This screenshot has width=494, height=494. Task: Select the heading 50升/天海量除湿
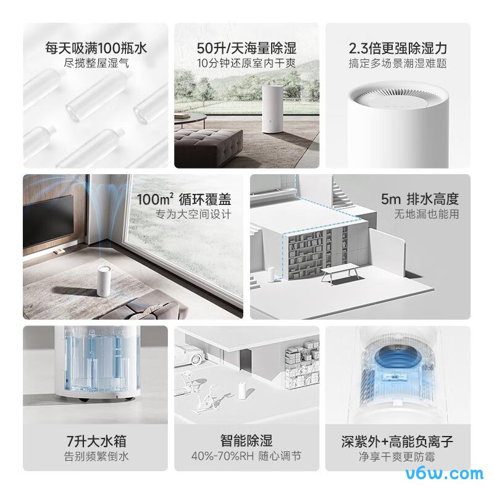[x=246, y=48]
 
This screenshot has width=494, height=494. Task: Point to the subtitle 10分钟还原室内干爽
[x=246, y=63]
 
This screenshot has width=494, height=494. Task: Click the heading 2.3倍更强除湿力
[x=398, y=48]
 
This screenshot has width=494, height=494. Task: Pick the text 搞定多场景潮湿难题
[x=398, y=63]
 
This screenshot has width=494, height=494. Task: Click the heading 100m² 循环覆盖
[x=185, y=199]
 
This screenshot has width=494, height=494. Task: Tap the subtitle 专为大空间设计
[x=193, y=214]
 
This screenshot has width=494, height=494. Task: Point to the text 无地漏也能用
[x=427, y=214]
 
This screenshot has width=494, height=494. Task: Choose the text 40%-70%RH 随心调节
[x=246, y=457]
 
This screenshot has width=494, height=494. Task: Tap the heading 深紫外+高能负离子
[x=398, y=442]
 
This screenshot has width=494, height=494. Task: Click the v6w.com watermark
[x=446, y=474]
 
